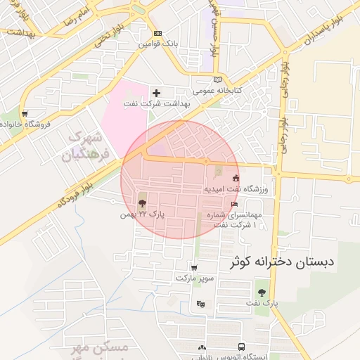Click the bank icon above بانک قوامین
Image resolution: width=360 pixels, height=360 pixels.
(x=157, y=33)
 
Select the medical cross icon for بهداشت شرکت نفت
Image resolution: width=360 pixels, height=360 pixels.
(x=157, y=93)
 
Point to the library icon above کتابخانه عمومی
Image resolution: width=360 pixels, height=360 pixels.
(x=217, y=79)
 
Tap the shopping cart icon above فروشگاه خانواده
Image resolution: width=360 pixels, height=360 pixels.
(x=25, y=113)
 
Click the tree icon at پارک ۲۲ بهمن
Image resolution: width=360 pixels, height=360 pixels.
(x=143, y=202)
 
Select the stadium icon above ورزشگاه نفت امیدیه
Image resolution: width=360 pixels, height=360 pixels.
(x=236, y=178)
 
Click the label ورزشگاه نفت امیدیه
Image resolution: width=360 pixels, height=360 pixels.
(x=236, y=189)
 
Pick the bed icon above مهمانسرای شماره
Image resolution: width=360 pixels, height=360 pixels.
(x=235, y=204)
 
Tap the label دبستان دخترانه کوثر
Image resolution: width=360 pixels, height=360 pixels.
(x=283, y=262)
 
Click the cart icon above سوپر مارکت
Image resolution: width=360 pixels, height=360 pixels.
(x=194, y=268)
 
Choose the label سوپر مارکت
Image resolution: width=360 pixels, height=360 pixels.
(x=193, y=278)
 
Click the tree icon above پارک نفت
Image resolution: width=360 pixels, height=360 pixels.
(x=262, y=292)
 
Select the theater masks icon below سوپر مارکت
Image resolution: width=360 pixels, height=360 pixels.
(x=201, y=304)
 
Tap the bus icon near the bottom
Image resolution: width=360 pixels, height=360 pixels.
(x=241, y=347)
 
